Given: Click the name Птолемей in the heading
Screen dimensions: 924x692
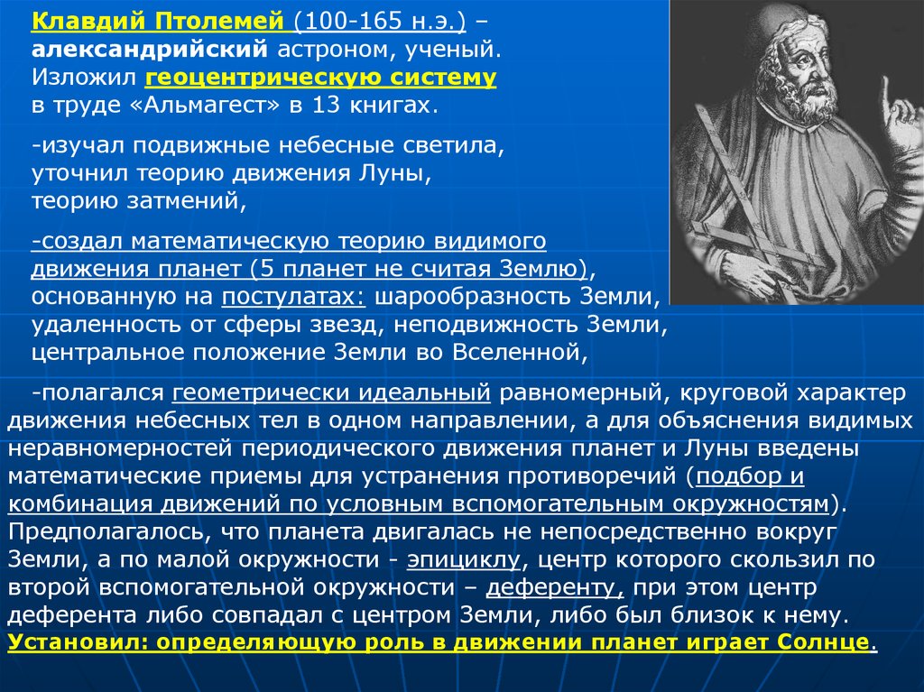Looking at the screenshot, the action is point(220,22).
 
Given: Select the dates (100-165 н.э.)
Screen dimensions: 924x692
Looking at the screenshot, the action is point(380,22).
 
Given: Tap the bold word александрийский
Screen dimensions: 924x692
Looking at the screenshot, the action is point(150,50).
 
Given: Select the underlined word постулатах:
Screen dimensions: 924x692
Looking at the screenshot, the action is point(293,297).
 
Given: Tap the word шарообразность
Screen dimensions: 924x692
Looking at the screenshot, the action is point(473,297).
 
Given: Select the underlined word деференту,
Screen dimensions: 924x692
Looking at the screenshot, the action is point(555,587).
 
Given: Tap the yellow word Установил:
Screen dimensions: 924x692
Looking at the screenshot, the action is point(79,641).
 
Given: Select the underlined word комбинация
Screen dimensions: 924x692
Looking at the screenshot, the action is point(80,504).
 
